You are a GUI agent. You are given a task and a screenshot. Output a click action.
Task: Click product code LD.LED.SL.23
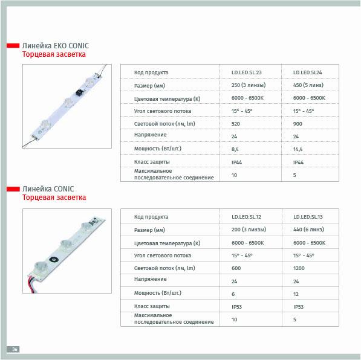click(246, 72)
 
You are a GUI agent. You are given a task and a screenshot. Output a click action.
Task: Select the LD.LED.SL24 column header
click(307, 72)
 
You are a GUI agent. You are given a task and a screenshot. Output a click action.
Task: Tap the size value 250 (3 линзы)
click(249, 85)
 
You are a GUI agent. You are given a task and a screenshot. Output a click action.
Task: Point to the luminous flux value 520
click(235, 124)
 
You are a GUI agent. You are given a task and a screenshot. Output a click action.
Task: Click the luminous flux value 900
click(298, 124)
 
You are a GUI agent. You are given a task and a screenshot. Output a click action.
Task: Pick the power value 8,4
click(235, 149)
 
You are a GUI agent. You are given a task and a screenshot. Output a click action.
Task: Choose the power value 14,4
click(298, 149)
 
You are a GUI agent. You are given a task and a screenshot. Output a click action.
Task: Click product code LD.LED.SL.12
click(246, 217)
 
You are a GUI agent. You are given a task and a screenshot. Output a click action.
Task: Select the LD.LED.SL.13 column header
click(308, 217)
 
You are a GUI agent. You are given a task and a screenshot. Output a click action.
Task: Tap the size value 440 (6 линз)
click(308, 230)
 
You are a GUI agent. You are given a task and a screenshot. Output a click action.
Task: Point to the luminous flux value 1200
click(299, 268)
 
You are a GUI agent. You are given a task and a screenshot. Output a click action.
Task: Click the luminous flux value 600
click(236, 268)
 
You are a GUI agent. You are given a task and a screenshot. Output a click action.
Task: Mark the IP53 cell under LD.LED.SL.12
click(236, 307)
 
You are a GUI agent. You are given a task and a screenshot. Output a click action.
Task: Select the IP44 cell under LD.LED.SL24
click(298, 162)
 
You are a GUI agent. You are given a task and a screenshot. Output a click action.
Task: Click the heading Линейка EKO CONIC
click(55, 46)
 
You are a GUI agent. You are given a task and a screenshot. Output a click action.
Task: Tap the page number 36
click(15, 349)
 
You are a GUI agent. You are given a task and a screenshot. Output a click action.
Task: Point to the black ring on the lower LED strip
click(54, 260)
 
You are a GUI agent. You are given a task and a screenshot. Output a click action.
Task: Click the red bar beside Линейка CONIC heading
click(13, 189)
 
